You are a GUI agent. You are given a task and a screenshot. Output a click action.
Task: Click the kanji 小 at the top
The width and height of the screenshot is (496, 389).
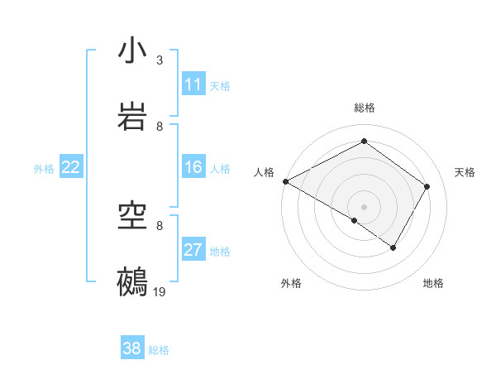click(x=132, y=50)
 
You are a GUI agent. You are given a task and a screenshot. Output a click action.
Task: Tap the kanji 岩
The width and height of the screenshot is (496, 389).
click(x=132, y=117)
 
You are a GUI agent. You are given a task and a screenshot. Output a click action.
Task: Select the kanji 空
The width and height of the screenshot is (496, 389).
click(x=132, y=216)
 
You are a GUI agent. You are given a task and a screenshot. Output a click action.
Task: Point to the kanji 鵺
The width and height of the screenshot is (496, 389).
click(x=132, y=282)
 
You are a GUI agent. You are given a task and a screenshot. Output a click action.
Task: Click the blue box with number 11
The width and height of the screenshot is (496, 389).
click(x=193, y=84)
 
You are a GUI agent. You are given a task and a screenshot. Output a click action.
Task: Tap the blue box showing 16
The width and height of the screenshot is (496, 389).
click(x=193, y=168)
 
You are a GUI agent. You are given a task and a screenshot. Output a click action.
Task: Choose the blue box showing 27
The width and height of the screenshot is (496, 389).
click(x=193, y=251)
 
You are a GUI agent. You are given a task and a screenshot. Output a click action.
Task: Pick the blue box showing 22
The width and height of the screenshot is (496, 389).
click(x=71, y=168)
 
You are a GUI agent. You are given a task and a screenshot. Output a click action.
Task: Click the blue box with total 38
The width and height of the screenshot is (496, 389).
click(x=132, y=348)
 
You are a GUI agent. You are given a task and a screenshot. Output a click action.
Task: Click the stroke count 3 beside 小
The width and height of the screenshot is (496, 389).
click(x=160, y=60)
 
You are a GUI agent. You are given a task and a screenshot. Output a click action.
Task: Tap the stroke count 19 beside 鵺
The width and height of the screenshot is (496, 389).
click(x=160, y=291)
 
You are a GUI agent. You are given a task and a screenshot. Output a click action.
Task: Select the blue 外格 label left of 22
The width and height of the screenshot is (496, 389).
click(x=44, y=169)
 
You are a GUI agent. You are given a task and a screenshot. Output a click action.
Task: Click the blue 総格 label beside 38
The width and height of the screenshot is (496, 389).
click(x=159, y=350)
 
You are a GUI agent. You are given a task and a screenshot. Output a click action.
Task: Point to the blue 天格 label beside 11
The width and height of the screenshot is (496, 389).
click(x=220, y=85)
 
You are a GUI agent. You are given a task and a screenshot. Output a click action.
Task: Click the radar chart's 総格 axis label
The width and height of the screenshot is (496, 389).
click(x=364, y=108)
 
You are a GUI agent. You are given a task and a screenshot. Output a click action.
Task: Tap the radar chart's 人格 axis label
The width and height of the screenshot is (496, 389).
click(x=264, y=172)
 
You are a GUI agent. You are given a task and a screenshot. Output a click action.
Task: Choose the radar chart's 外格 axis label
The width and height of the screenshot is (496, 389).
click(x=291, y=283)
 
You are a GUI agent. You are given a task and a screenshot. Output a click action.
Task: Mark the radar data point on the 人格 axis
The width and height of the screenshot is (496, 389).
click(x=284, y=180)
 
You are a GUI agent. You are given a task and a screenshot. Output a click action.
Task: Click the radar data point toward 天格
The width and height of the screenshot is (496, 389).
click(x=427, y=186)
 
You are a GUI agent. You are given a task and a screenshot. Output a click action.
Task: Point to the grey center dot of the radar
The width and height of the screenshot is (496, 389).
click(x=364, y=206)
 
